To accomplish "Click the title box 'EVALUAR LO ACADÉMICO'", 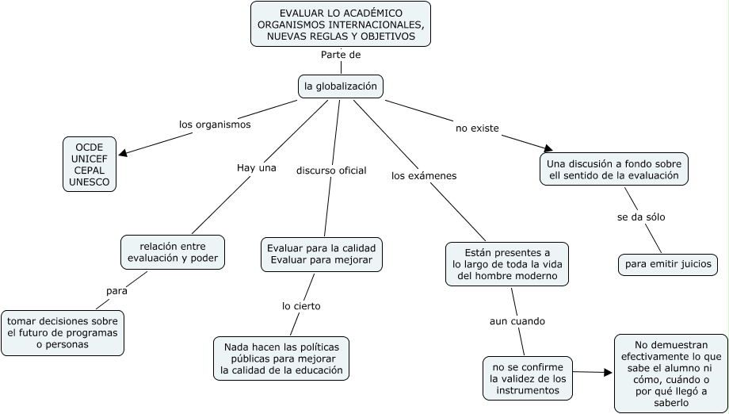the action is (341, 25).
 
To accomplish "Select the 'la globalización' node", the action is (341, 86).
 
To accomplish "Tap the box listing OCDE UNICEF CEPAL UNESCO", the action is (90, 164).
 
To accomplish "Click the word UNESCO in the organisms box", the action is (90, 182).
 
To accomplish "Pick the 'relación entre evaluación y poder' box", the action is (172, 251).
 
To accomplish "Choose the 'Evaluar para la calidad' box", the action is (321, 254).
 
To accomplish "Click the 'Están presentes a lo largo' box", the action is (506, 263).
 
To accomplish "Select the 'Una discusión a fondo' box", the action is (614, 169).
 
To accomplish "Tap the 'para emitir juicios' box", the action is (668, 264).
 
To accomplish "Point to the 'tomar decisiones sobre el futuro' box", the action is (63, 332).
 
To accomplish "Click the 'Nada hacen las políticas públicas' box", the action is (281, 358).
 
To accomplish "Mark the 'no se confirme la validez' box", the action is (527, 378).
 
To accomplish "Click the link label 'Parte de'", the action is (341, 55).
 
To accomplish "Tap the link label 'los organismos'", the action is (214, 125).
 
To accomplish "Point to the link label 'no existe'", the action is (477, 128).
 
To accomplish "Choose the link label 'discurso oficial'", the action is (331, 171).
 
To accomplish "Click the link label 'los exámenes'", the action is (424, 175).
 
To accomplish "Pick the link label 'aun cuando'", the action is (517, 321).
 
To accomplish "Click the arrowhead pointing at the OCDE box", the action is (123, 152).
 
